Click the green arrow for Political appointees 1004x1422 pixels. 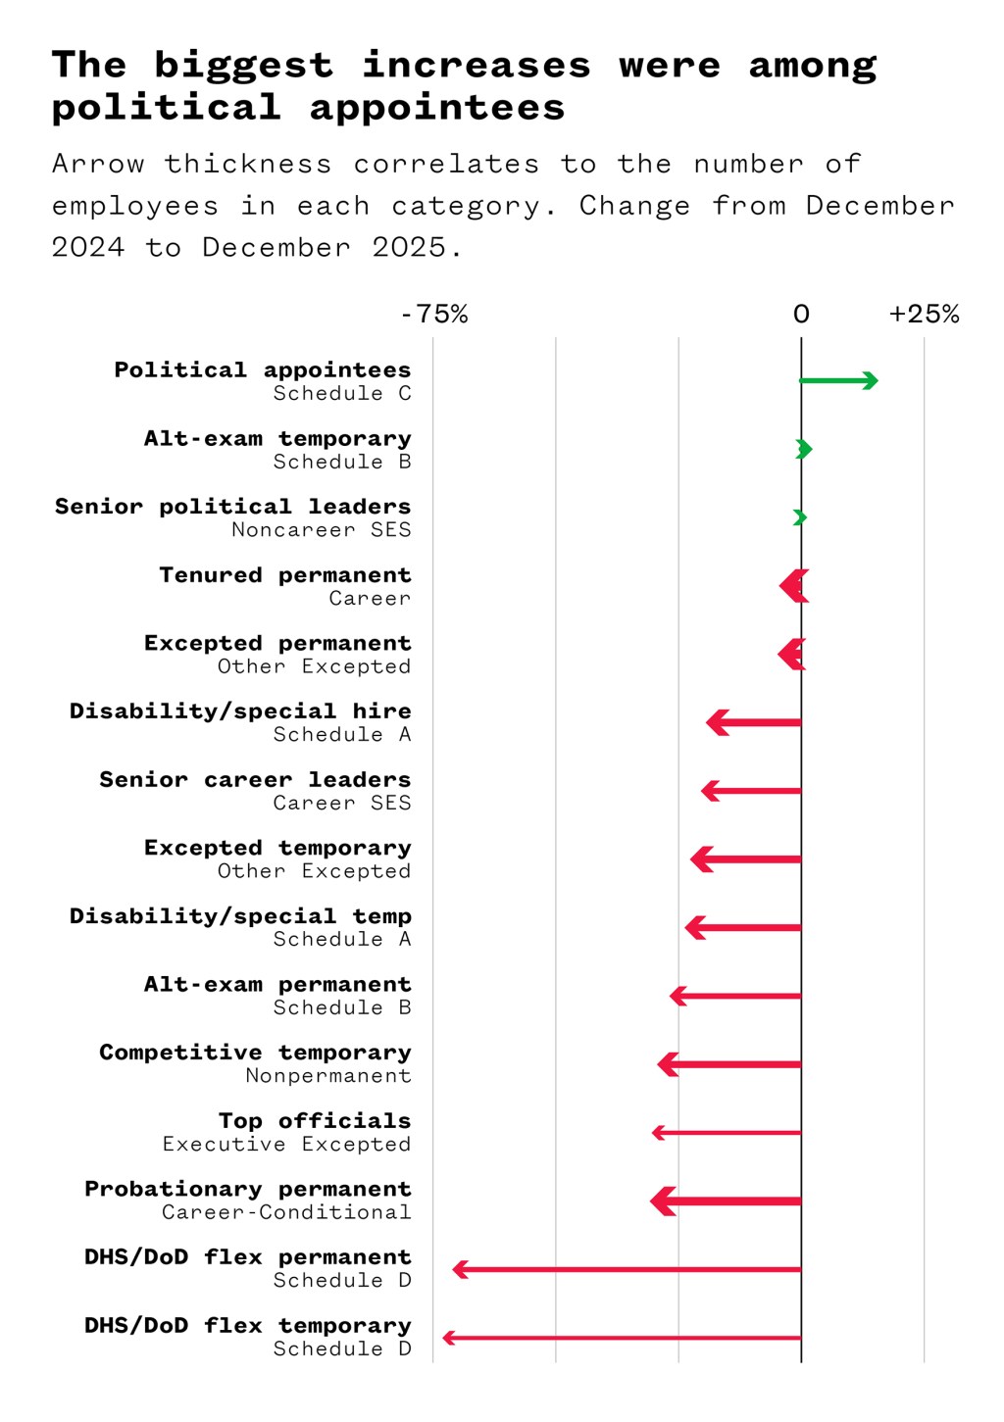pyautogui.click(x=838, y=381)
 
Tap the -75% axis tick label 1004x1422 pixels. pyautogui.click(x=434, y=315)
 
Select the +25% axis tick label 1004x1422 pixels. pyautogui.click(x=924, y=315)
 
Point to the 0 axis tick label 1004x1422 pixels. pyautogui.click(x=801, y=315)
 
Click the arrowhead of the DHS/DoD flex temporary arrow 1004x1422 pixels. pyautogui.click(x=449, y=1338)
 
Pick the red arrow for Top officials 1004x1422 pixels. pyautogui.click(x=727, y=1133)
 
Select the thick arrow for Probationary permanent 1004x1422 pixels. pyautogui.click(x=726, y=1201)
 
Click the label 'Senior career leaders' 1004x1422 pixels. pyautogui.click(x=255, y=780)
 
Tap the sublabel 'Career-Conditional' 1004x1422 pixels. pyautogui.click(x=286, y=1213)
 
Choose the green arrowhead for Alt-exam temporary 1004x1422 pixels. pyautogui.click(x=804, y=450)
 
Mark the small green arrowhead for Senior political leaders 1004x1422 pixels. pyautogui.click(x=800, y=517)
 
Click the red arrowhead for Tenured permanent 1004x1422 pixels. pyautogui.click(x=793, y=587)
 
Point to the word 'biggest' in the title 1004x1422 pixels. pyautogui.click(x=243, y=66)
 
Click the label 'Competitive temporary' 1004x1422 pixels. pyautogui.click(x=255, y=1053)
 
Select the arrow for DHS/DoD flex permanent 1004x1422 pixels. pyautogui.click(x=627, y=1270)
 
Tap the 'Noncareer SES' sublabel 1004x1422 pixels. pyautogui.click(x=321, y=530)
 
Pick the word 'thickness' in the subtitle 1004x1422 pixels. pyautogui.click(x=248, y=165)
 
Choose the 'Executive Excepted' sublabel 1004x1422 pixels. pyautogui.click(x=286, y=1145)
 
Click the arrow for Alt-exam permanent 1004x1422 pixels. pyautogui.click(x=735, y=997)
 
